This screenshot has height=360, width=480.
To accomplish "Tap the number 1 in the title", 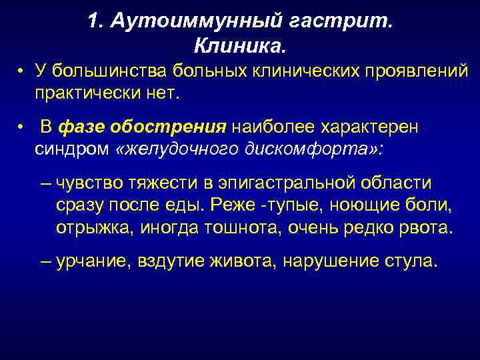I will click(x=93, y=22).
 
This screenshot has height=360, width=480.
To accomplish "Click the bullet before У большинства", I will click(x=22, y=71).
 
